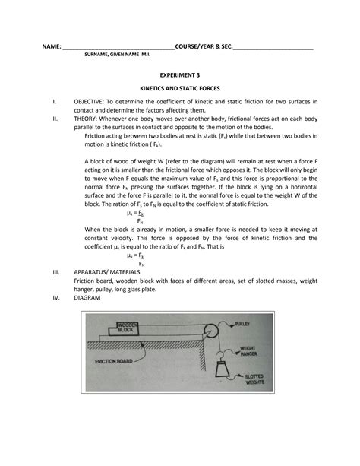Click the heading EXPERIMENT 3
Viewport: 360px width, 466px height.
[x=179, y=76]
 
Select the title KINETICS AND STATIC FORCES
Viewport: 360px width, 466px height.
[x=179, y=89]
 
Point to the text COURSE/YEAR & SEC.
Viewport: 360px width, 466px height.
[x=203, y=47]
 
